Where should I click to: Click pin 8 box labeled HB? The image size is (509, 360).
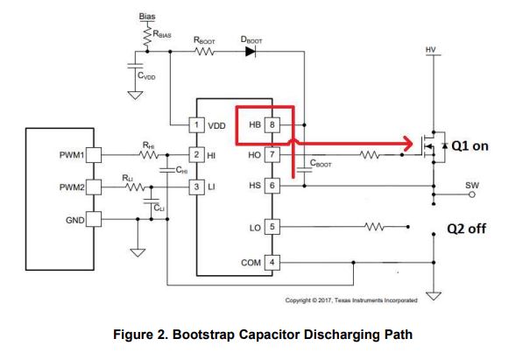tap(272, 124)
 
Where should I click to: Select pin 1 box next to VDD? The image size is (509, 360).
tap(197, 125)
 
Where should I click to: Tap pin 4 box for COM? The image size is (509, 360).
tap(272, 262)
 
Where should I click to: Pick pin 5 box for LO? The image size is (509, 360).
tap(272, 227)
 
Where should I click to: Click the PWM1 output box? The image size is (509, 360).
tap(94, 155)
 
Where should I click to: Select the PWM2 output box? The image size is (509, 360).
tap(94, 187)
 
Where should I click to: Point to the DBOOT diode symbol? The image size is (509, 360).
tap(251, 52)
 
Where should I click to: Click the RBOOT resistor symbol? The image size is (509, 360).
tap(204, 52)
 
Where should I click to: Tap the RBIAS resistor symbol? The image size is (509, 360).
tap(147, 36)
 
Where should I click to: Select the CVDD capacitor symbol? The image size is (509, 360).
tap(136, 66)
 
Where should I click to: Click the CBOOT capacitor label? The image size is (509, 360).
tap(321, 163)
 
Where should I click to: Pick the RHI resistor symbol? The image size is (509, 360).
tap(149, 155)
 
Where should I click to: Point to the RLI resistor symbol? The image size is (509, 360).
tap(135, 187)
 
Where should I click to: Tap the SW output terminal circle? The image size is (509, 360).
tap(472, 194)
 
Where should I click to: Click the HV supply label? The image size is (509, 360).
tap(431, 50)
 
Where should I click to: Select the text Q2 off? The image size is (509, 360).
tap(466, 229)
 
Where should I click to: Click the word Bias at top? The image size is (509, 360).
tap(147, 17)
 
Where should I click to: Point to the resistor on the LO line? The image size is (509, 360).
tap(374, 227)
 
